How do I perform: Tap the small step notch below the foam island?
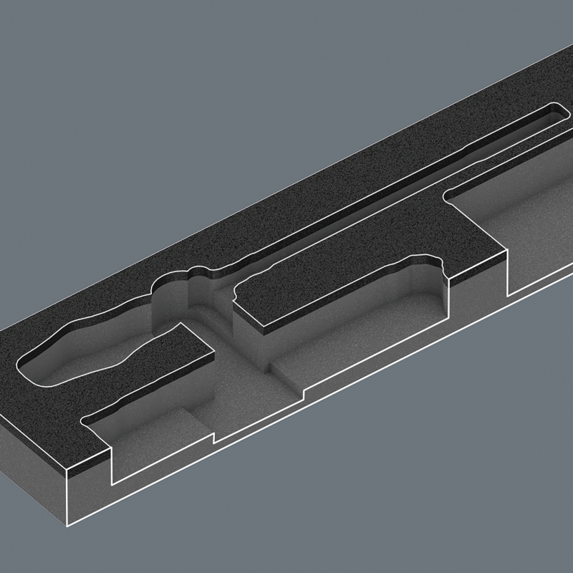point(214,437)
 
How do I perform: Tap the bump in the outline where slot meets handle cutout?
point(193,270)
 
